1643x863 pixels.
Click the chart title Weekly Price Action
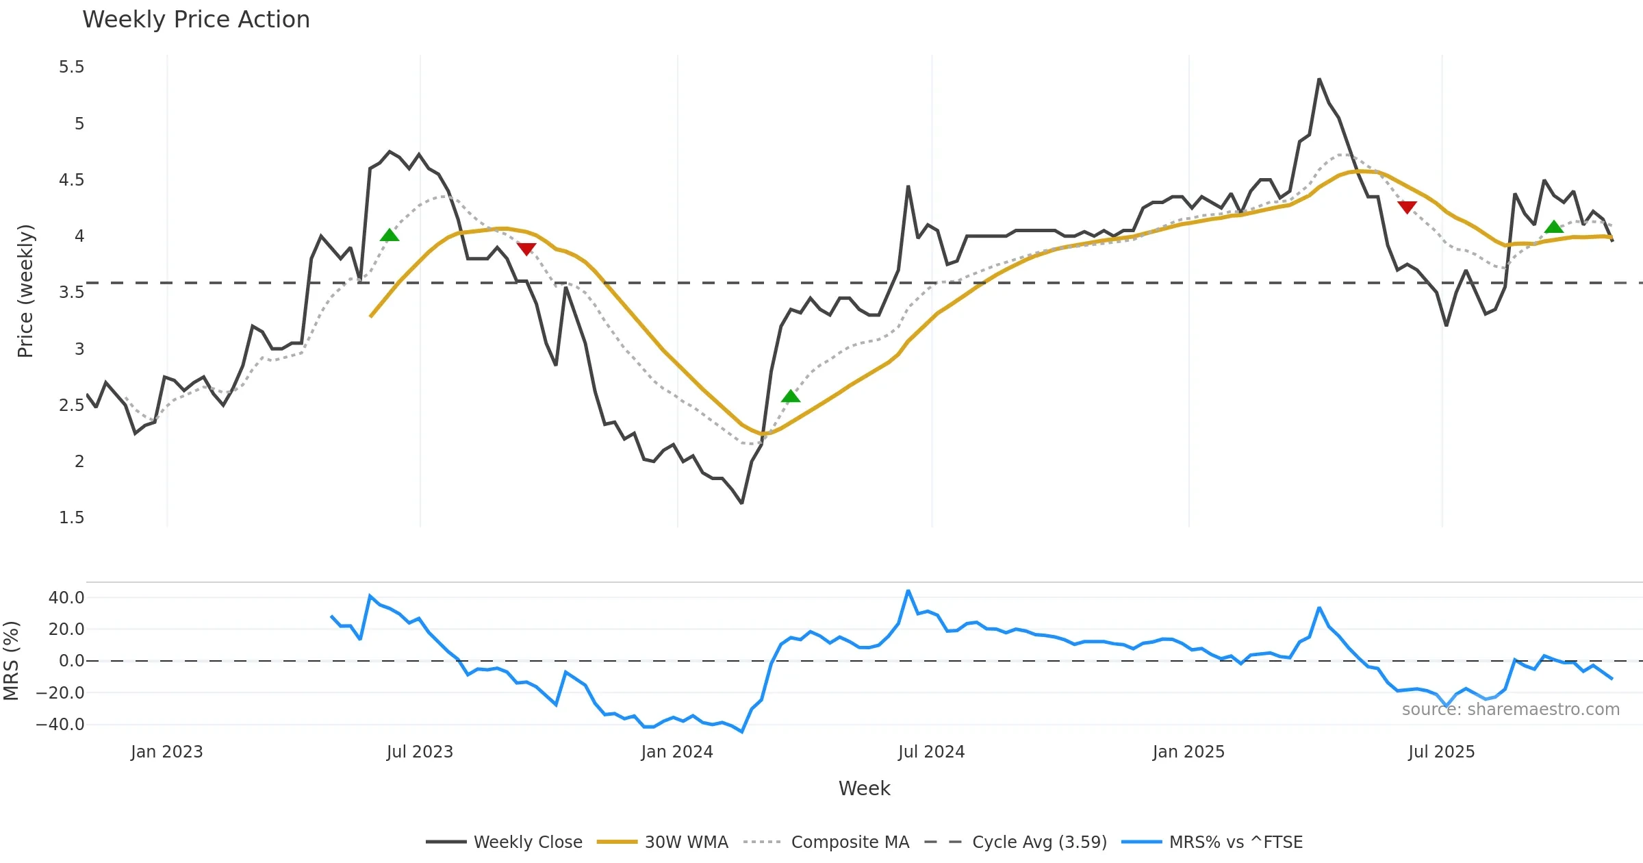click(196, 20)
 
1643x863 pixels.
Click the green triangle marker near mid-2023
click(390, 236)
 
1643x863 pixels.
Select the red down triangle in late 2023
click(526, 249)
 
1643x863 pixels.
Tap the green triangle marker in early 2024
click(791, 397)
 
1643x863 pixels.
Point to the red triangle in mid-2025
click(1408, 207)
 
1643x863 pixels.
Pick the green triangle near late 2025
click(1554, 227)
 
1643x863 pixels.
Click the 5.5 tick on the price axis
click(72, 67)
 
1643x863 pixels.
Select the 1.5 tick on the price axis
click(72, 518)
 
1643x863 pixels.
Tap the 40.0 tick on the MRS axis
click(66, 598)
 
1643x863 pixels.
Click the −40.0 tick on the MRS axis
click(60, 725)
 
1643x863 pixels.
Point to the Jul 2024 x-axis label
click(931, 752)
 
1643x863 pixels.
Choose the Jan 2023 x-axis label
click(167, 752)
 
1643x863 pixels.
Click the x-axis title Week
click(864, 788)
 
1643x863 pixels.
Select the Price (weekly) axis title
click(25, 291)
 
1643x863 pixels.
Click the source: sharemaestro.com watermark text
click(1510, 710)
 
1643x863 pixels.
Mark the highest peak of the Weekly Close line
click(1319, 79)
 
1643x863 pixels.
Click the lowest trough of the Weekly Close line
click(742, 503)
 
